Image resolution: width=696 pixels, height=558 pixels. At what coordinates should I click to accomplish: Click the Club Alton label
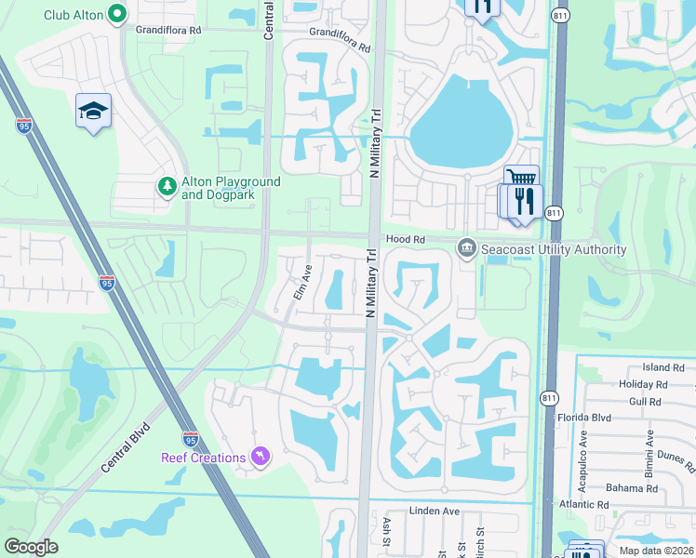pyautogui.click(x=73, y=14)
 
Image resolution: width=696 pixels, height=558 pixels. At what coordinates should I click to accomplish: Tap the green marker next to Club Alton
pyautogui.click(x=116, y=14)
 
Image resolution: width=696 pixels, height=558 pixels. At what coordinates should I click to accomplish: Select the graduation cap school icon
pyautogui.click(x=93, y=112)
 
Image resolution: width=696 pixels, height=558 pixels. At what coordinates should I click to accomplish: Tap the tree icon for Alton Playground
pyautogui.click(x=167, y=187)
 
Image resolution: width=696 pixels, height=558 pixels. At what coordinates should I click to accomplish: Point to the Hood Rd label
pyautogui.click(x=405, y=239)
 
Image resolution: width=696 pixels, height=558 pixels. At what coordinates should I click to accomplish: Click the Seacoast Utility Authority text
pyautogui.click(x=554, y=249)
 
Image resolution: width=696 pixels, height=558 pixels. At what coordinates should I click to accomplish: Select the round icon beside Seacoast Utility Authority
pyautogui.click(x=466, y=248)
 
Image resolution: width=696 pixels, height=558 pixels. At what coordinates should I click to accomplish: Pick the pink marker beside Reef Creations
pyautogui.click(x=261, y=457)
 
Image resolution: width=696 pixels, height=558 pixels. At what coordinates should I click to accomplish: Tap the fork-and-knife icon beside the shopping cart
pyautogui.click(x=525, y=200)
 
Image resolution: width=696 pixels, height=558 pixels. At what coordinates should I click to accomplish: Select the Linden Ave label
pyautogui.click(x=436, y=511)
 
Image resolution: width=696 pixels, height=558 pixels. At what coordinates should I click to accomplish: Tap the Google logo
pyautogui.click(x=32, y=547)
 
